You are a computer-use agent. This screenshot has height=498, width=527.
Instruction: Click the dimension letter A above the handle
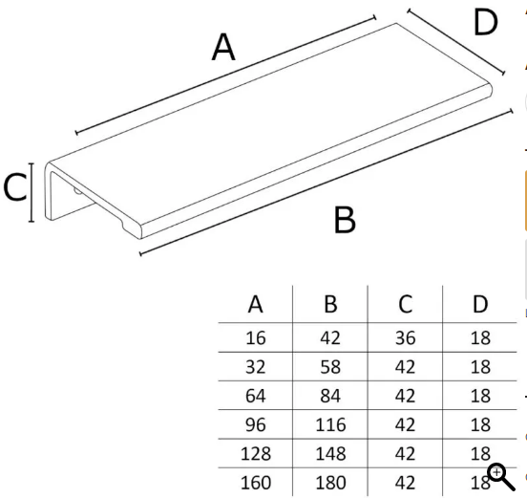[x=223, y=47]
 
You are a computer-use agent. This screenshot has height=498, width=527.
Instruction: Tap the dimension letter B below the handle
[x=345, y=220]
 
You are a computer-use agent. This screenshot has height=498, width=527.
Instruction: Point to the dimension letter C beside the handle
[x=14, y=187]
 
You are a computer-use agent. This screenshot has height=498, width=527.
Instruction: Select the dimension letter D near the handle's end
[x=485, y=22]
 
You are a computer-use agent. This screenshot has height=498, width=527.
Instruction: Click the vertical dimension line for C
[x=32, y=192]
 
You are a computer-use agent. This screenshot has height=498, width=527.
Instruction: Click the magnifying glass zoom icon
[x=501, y=476]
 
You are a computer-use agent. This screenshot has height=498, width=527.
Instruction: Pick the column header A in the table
[x=256, y=304]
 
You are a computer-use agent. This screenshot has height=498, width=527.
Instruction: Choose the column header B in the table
[x=330, y=304]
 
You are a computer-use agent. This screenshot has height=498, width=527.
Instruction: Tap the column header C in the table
[x=406, y=304]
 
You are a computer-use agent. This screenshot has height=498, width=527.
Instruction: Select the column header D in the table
[x=480, y=304]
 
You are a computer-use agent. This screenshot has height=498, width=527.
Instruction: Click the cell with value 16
[x=256, y=337]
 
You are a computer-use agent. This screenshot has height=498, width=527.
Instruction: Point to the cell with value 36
[x=406, y=337]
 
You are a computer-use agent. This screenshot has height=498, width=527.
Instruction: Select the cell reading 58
[x=330, y=367]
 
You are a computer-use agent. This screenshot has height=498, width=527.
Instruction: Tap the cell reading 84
[x=330, y=396]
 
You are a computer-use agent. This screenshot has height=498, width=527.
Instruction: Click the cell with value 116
[x=330, y=424]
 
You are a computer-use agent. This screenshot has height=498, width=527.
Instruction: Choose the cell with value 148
[x=330, y=454]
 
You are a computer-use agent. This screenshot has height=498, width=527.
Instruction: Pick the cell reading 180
[x=330, y=483]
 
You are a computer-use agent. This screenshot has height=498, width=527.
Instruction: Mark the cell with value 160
[x=256, y=483]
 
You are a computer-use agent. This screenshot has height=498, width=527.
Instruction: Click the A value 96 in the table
[x=256, y=424]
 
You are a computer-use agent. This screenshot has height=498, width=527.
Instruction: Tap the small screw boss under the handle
[x=77, y=191]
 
